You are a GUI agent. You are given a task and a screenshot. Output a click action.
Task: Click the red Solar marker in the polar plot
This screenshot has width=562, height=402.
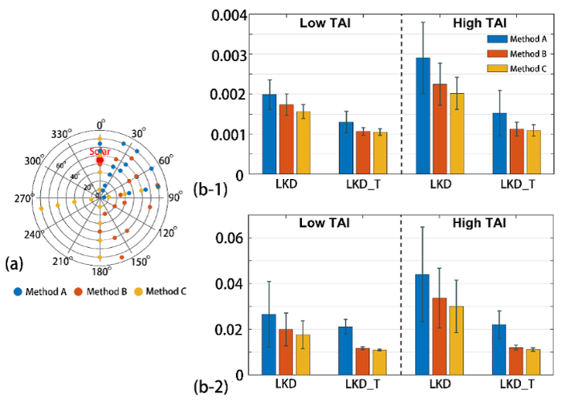tap(100, 160)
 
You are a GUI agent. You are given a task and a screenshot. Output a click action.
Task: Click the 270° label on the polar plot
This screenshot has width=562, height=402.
tap(22, 197)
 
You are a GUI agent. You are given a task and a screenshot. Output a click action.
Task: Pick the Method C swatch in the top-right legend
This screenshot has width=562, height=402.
tap(499, 68)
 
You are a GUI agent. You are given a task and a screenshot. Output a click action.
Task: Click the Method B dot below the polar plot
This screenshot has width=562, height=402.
tap(79, 291)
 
